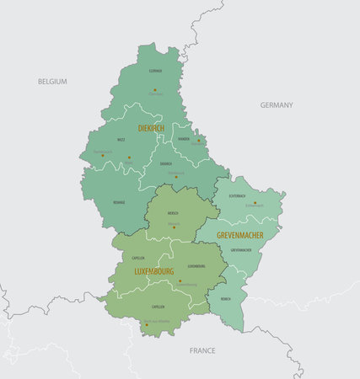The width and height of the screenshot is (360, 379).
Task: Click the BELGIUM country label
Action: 52,82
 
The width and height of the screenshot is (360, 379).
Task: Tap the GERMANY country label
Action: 277,105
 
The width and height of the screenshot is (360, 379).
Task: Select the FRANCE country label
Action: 202,350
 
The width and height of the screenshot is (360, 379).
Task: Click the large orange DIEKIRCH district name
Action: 151,127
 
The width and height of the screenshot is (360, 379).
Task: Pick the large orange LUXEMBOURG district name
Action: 154,272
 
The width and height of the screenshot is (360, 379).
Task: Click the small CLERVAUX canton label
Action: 156,72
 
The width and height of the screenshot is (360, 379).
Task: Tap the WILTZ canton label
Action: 121,140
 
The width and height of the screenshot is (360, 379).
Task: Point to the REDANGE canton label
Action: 119,203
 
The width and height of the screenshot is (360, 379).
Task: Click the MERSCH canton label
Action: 173,214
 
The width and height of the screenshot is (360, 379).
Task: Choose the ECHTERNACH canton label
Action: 237,195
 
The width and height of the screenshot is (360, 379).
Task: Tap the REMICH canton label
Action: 225,299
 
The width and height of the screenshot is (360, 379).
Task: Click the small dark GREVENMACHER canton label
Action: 240,250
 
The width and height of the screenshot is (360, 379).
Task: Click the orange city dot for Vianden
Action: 199,141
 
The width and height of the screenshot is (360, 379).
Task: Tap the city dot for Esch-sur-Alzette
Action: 146,324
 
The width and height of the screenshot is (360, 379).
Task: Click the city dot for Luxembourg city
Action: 180,281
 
